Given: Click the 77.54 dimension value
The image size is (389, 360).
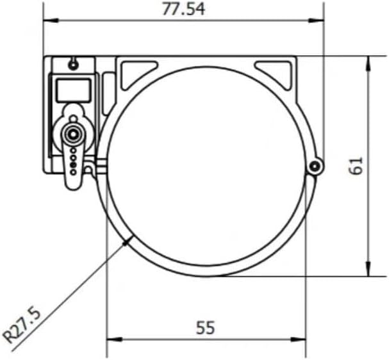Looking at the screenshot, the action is coord(183,10).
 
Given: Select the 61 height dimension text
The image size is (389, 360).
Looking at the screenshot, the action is coord(356,166).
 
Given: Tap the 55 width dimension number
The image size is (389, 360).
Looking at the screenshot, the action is coord(205,327).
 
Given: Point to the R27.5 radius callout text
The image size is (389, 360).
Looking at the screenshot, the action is coord(22,325).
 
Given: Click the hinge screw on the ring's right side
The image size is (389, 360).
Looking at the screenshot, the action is coord(315,167).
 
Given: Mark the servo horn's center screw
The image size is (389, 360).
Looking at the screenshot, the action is coord(73,135).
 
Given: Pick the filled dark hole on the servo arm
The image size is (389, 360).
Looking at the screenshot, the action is coord(73,165).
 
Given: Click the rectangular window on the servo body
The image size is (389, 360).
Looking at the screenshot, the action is coord(72,90).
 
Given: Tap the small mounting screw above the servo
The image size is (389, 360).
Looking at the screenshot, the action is coord(73,65).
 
